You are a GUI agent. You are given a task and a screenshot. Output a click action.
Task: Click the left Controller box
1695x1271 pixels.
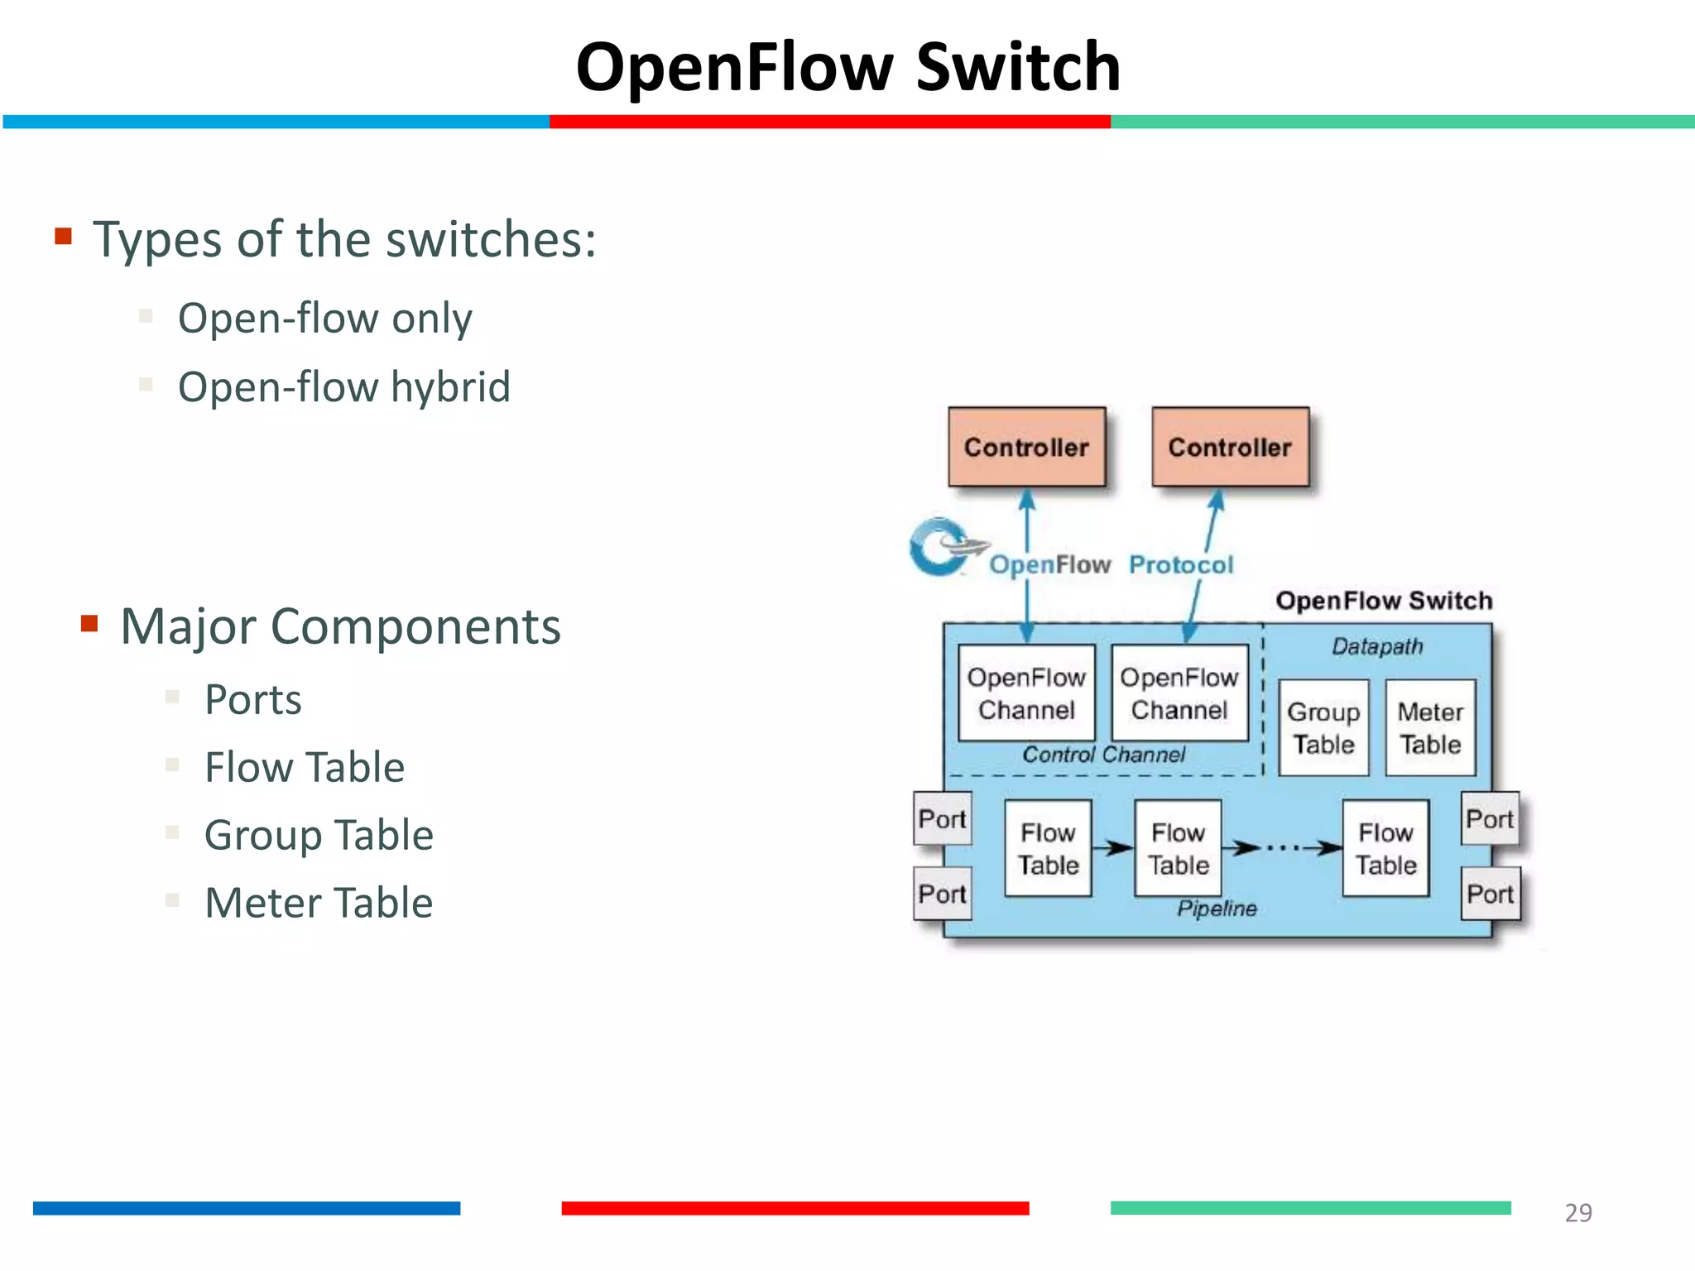coord(1026,447)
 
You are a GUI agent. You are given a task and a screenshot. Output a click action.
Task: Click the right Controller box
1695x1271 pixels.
coord(1230,447)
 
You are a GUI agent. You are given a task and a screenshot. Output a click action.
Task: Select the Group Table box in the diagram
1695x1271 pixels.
coord(1323,727)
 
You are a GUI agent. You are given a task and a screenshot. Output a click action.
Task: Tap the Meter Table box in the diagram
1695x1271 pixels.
coord(1430,727)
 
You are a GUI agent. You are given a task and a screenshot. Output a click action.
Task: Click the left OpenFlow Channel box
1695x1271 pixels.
coord(1026,693)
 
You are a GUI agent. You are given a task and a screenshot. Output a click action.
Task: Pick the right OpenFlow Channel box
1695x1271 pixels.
coord(1179,693)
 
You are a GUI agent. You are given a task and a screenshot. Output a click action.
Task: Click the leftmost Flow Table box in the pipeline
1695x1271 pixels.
coord(1048,848)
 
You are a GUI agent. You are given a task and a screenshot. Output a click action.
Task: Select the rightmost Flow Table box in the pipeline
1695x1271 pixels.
coord(1385,848)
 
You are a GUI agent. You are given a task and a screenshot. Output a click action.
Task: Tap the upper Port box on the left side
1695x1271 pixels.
coord(942,818)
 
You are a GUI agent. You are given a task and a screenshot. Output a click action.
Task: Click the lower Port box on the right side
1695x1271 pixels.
coord(1490,894)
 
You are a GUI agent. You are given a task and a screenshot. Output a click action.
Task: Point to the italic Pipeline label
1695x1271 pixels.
coord(1217,909)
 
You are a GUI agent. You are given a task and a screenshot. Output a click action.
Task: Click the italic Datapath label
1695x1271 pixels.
coord(1377,646)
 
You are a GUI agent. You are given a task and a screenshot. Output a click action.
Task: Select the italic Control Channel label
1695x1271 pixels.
coord(1103,755)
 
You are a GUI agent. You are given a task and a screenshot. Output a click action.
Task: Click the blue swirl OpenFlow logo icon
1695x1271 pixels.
coord(942,546)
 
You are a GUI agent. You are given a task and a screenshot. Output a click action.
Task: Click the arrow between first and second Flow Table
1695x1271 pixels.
coord(1113,847)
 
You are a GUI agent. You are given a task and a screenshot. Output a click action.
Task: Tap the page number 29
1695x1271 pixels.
coord(1578,1212)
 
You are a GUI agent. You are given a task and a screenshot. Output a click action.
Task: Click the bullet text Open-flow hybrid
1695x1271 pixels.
coord(344,387)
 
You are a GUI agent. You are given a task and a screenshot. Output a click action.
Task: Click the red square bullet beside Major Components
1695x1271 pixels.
coord(89,623)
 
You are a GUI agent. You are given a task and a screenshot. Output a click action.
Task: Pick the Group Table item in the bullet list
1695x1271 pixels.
coord(319,835)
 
